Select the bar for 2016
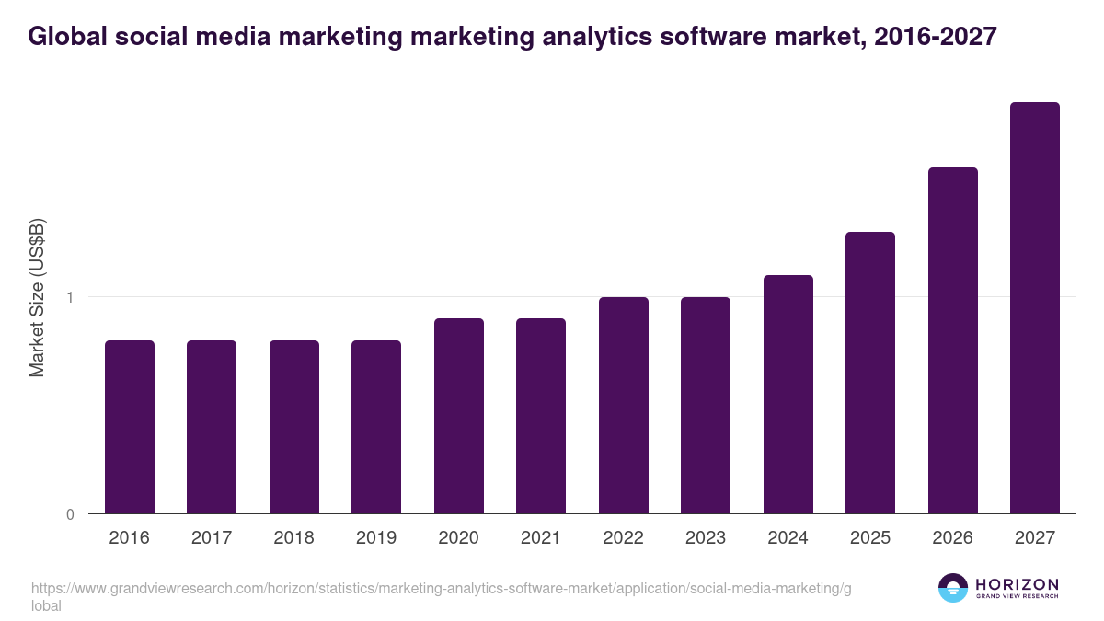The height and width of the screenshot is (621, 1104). [x=130, y=427]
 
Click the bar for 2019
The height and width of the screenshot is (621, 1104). [x=376, y=427]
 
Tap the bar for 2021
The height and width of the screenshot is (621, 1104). [x=541, y=416]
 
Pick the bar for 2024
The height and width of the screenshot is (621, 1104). [x=788, y=395]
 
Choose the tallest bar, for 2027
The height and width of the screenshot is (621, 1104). [x=1035, y=308]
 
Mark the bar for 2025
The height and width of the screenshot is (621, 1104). [x=870, y=373]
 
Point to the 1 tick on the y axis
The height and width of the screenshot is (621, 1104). [x=70, y=297]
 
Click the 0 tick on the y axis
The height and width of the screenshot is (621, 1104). [x=70, y=514]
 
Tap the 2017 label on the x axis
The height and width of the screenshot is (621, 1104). [x=212, y=538]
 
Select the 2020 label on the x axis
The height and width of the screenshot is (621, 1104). [x=458, y=538]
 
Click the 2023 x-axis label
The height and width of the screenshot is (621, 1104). [x=706, y=538]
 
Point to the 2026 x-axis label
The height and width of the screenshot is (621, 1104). [x=952, y=538]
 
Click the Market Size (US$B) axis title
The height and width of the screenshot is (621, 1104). [x=37, y=298]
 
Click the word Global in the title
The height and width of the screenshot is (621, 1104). [x=63, y=37]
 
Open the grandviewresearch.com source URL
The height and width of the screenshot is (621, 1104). [x=442, y=589]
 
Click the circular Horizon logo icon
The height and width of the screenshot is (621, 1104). [x=953, y=588]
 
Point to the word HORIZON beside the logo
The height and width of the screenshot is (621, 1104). [x=1017, y=584]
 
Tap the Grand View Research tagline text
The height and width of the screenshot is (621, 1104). [x=1017, y=597]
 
